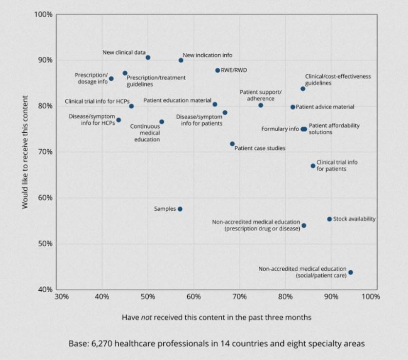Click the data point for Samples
tap(180, 209)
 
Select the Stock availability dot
tap(330, 219)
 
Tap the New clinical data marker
tap(148, 58)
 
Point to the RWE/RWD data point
tap(217, 70)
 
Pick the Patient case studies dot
tap(232, 144)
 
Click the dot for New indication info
tap(181, 60)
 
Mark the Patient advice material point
tap(293, 107)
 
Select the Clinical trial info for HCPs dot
tap(132, 106)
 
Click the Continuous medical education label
tap(147, 133)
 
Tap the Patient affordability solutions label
tap(334, 129)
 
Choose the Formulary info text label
tap(280, 129)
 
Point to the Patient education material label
tap(177, 100)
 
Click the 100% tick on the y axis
tap(44, 14)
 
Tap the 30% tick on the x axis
tap(61, 297)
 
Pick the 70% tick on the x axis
tap(239, 297)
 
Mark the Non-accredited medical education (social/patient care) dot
tap(350, 272)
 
